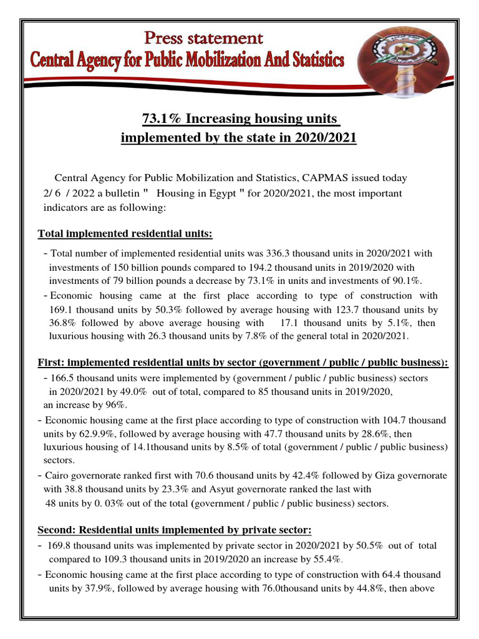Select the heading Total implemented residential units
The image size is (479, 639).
tap(125, 234)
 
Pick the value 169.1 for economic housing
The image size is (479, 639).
tap(60, 310)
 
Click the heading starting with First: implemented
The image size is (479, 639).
tap(243, 363)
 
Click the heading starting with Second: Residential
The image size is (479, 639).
tap(175, 530)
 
